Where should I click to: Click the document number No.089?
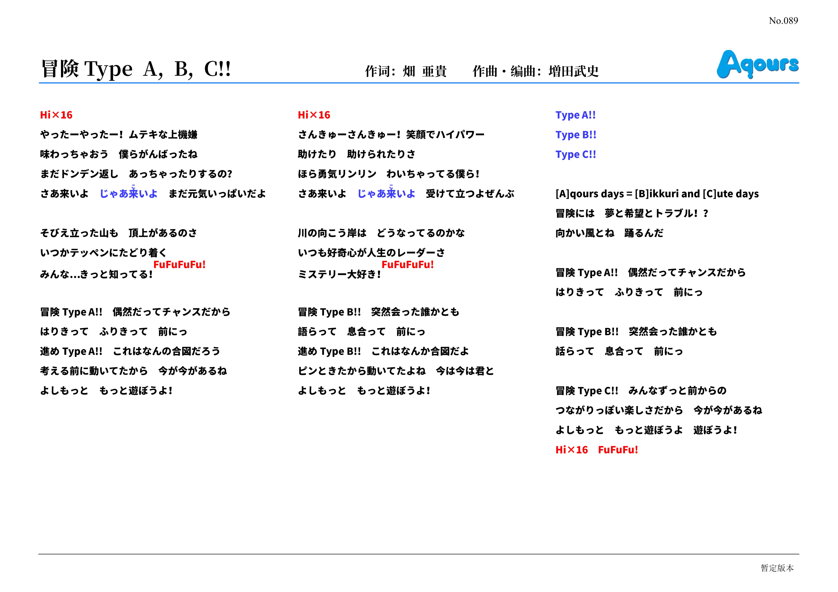(x=783, y=21)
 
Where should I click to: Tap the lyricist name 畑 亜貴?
(x=425, y=71)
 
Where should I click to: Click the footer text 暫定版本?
(x=777, y=568)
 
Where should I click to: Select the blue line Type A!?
(x=575, y=115)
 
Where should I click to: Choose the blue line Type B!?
(x=576, y=135)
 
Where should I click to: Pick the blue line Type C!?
(x=576, y=155)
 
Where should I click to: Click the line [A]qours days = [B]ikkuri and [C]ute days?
(x=657, y=194)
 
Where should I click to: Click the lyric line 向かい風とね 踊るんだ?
(x=609, y=233)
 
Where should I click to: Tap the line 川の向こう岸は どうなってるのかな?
(x=381, y=233)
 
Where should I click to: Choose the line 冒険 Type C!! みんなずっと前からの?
(x=641, y=391)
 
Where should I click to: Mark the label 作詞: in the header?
(x=380, y=71)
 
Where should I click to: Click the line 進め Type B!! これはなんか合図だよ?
(x=383, y=351)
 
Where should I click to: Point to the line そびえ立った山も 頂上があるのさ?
(x=119, y=233)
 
